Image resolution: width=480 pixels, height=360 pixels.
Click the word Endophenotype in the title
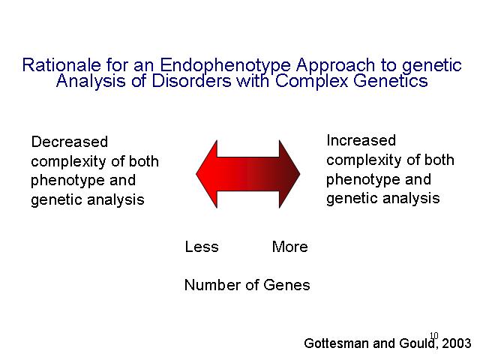(225, 65)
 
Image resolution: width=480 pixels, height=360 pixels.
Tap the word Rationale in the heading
(61, 64)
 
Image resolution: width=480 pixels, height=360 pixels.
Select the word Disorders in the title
(191, 81)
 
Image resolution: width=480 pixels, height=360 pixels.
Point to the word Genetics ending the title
(390, 81)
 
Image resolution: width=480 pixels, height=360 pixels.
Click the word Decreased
(70, 142)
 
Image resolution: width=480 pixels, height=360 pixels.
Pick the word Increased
(361, 140)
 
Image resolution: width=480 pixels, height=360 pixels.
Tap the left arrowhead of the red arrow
(207, 174)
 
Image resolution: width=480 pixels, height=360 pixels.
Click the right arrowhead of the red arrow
(289, 174)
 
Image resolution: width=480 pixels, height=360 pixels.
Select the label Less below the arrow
(202, 247)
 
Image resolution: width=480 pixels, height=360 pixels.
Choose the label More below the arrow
(290, 247)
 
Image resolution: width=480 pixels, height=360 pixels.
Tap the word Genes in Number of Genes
(286, 285)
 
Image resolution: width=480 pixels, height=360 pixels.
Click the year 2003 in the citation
(457, 343)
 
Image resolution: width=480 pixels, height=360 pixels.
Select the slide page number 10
(434, 336)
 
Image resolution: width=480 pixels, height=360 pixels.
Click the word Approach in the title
(335, 65)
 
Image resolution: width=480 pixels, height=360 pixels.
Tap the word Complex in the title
(312, 82)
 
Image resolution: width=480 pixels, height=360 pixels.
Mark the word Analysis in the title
(91, 82)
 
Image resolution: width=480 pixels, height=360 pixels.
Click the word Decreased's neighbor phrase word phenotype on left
(68, 180)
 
